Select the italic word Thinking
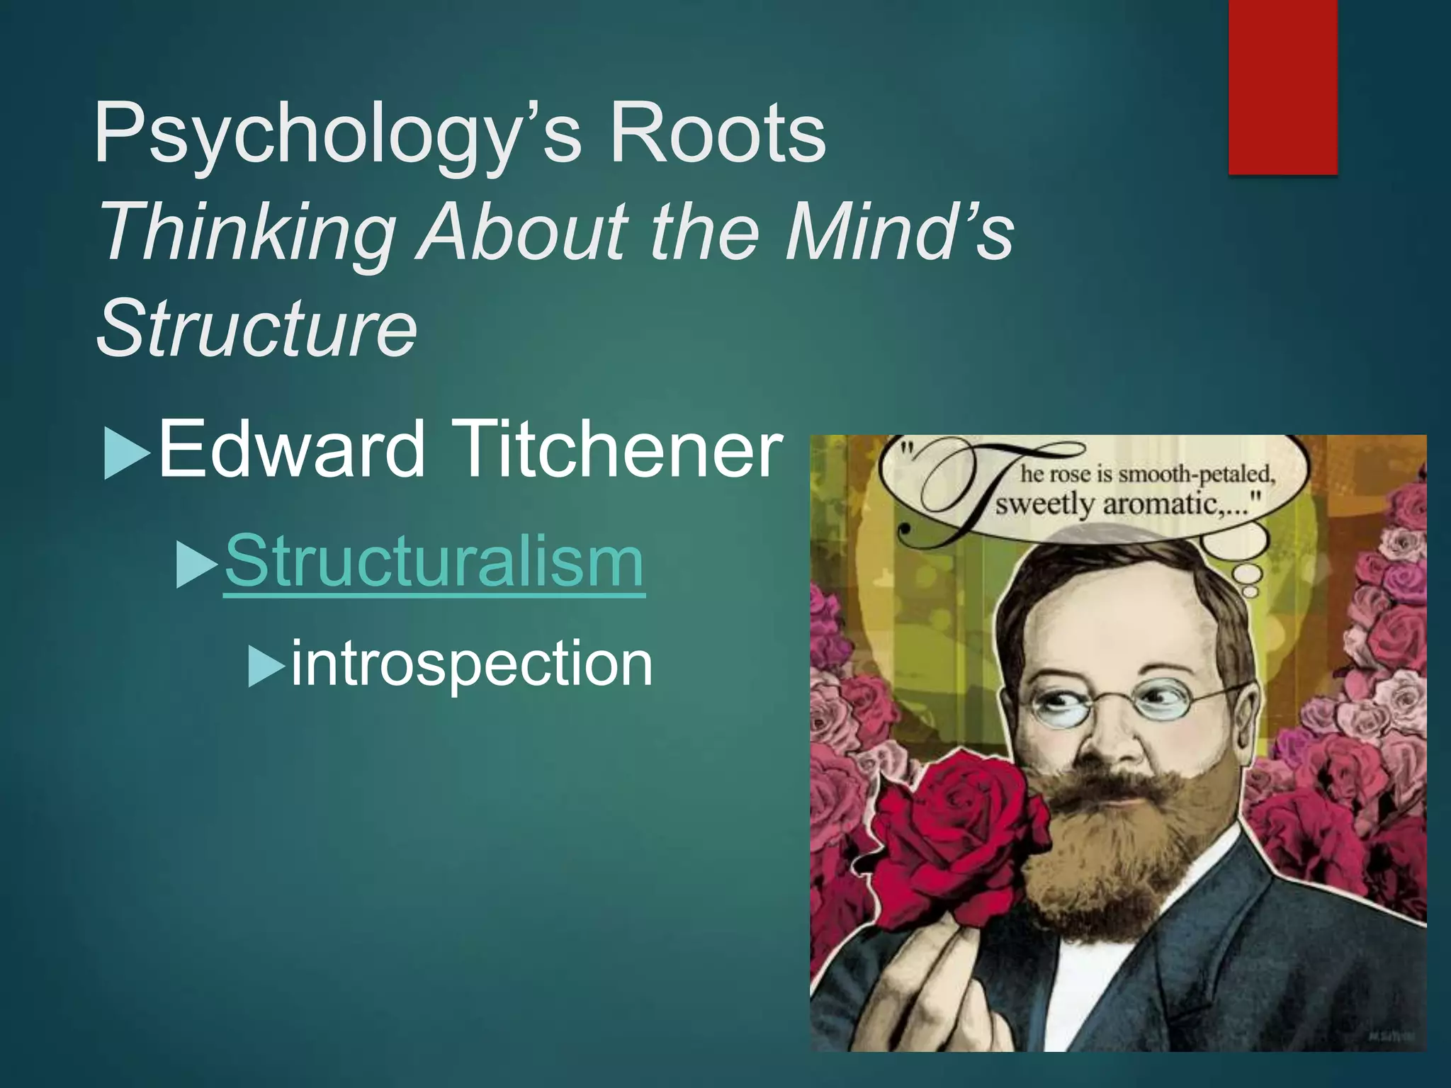[x=248, y=232]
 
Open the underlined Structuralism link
[x=434, y=561]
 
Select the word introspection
[x=471, y=663]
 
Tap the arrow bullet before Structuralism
[x=196, y=565]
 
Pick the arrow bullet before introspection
[x=265, y=666]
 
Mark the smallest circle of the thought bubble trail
[x=1251, y=591]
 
